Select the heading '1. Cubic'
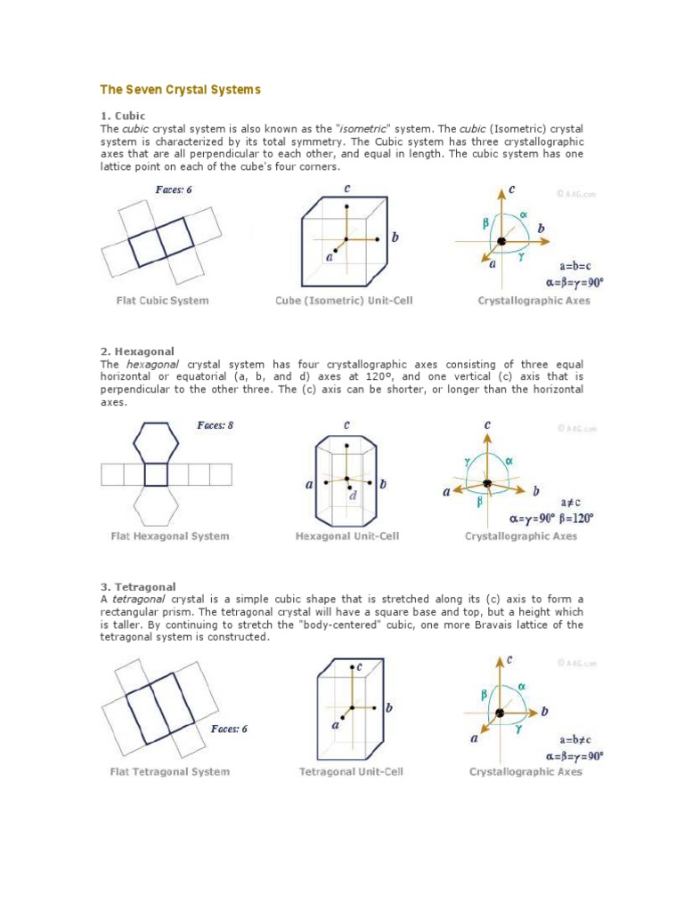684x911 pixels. tap(122, 116)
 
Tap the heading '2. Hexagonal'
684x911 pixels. tap(136, 351)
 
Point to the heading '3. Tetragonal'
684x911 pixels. tap(138, 587)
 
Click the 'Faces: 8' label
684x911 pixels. tap(215, 425)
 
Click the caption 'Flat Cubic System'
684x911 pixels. tap(162, 301)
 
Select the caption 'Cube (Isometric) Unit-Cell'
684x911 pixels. tap(344, 301)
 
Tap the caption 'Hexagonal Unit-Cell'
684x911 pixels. tap(347, 536)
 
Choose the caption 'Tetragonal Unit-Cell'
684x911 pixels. tap(351, 771)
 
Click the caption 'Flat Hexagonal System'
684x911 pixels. tap(169, 536)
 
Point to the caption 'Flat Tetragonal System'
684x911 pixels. tap(169, 771)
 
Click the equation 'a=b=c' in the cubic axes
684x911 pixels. tap(575, 266)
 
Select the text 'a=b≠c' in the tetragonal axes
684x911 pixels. tap(575, 739)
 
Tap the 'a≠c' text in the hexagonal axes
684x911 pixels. tap(572, 503)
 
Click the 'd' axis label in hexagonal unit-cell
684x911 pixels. tap(353, 496)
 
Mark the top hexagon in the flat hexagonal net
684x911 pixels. tap(156, 441)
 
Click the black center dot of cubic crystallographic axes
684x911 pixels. tap(501, 242)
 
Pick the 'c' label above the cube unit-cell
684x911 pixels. tap(346, 189)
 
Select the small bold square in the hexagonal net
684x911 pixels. tap(156, 474)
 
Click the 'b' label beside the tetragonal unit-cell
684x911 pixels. tap(389, 708)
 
